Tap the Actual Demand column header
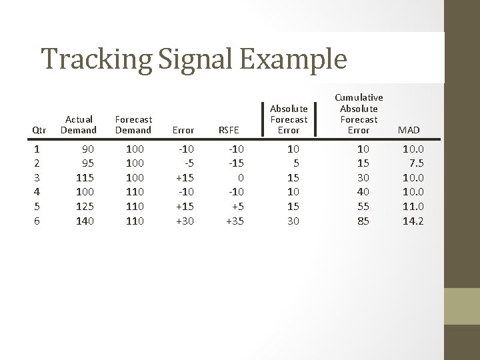tap(79, 125)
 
